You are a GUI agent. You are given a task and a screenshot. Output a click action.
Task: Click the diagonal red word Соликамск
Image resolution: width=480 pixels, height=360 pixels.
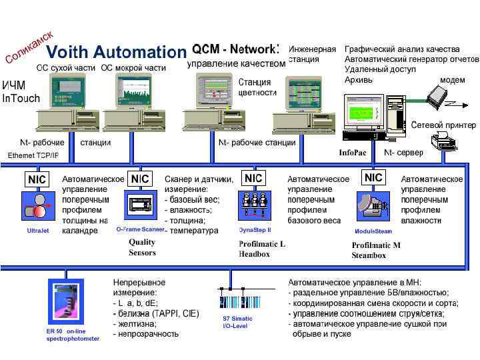click(x=29, y=45)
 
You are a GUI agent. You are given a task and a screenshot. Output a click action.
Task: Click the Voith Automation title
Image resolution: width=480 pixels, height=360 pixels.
click(x=115, y=52)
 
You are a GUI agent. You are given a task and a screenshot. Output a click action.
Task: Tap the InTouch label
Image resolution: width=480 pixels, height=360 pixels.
click(x=21, y=98)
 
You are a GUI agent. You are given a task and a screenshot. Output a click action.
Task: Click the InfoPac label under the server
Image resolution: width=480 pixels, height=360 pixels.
click(x=353, y=153)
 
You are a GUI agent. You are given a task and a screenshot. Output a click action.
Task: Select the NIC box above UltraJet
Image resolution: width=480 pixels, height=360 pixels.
click(x=36, y=179)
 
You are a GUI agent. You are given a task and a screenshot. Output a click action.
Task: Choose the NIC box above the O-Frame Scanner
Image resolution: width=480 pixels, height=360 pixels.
click(x=140, y=179)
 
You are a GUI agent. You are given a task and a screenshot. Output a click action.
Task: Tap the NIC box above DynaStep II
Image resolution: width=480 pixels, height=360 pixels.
click(x=253, y=178)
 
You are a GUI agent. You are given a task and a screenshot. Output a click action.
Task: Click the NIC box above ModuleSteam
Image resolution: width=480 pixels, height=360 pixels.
click(x=374, y=177)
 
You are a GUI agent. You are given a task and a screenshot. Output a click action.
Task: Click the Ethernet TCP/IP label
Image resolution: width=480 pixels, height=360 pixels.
click(x=33, y=155)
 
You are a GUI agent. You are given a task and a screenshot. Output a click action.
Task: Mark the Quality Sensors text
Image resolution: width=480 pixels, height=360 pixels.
click(x=142, y=247)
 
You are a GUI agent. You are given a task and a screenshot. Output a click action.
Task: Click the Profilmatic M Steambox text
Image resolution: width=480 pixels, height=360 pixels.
click(x=376, y=250)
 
